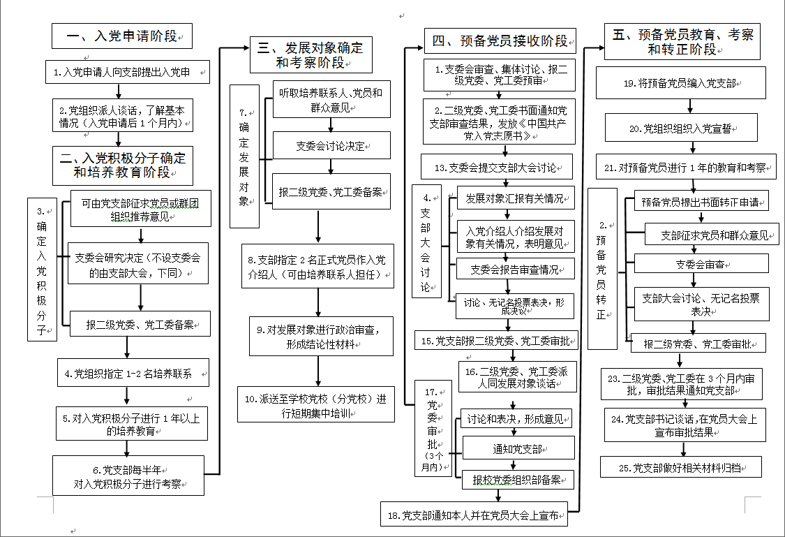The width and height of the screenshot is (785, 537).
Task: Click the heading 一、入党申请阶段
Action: [122, 36]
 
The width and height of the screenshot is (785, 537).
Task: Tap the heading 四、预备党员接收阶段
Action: [500, 41]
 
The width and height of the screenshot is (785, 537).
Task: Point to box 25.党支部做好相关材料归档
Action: [680, 467]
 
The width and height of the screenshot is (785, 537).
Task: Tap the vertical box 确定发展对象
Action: [244, 156]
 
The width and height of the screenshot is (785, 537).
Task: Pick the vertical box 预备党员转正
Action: [602, 269]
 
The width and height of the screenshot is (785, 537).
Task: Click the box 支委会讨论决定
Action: [331, 146]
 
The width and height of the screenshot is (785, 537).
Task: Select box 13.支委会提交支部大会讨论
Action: [497, 168]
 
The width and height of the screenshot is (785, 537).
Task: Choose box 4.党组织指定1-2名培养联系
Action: [133, 373]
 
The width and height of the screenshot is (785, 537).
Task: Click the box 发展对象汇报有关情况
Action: [515, 198]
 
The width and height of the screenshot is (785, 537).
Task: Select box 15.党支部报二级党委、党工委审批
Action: [497, 341]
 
